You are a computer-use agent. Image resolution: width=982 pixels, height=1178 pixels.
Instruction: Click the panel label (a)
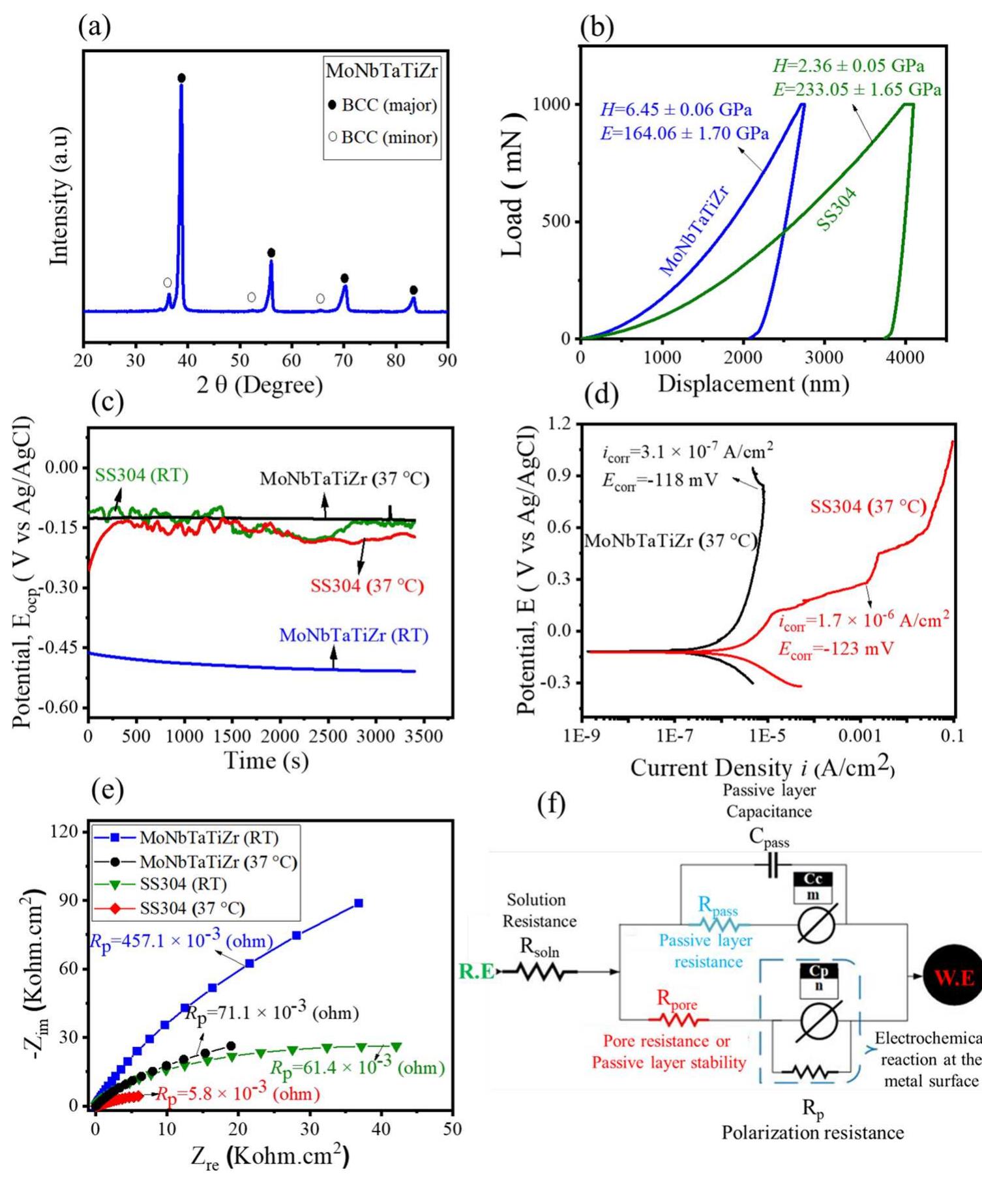click(95, 27)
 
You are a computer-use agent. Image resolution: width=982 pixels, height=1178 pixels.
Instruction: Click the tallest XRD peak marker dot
click(181, 78)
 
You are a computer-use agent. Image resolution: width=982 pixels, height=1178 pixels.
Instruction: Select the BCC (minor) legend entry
click(383, 138)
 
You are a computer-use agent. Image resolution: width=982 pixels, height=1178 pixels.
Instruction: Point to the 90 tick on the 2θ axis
click(447, 360)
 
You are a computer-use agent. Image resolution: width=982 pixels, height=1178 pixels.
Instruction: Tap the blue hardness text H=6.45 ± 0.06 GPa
click(676, 110)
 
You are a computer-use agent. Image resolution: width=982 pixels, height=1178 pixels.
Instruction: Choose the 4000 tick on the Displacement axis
click(905, 357)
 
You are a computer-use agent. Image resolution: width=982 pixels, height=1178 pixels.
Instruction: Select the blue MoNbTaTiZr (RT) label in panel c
click(354, 635)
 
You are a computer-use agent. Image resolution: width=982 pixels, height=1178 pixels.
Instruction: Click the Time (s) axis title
click(266, 760)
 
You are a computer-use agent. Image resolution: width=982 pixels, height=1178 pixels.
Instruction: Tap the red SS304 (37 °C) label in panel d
click(868, 507)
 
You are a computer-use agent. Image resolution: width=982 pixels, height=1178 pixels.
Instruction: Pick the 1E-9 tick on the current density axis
click(582, 736)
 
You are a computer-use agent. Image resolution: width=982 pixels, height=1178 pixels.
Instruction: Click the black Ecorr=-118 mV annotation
click(659, 480)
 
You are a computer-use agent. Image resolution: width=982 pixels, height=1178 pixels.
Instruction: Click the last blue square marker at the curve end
click(359, 903)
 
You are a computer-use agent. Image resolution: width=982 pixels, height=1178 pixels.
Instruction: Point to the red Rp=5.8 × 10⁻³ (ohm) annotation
click(238, 1094)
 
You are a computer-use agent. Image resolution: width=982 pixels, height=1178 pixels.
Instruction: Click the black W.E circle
click(953, 975)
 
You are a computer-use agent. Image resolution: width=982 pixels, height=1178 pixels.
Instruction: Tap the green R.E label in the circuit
click(477, 972)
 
